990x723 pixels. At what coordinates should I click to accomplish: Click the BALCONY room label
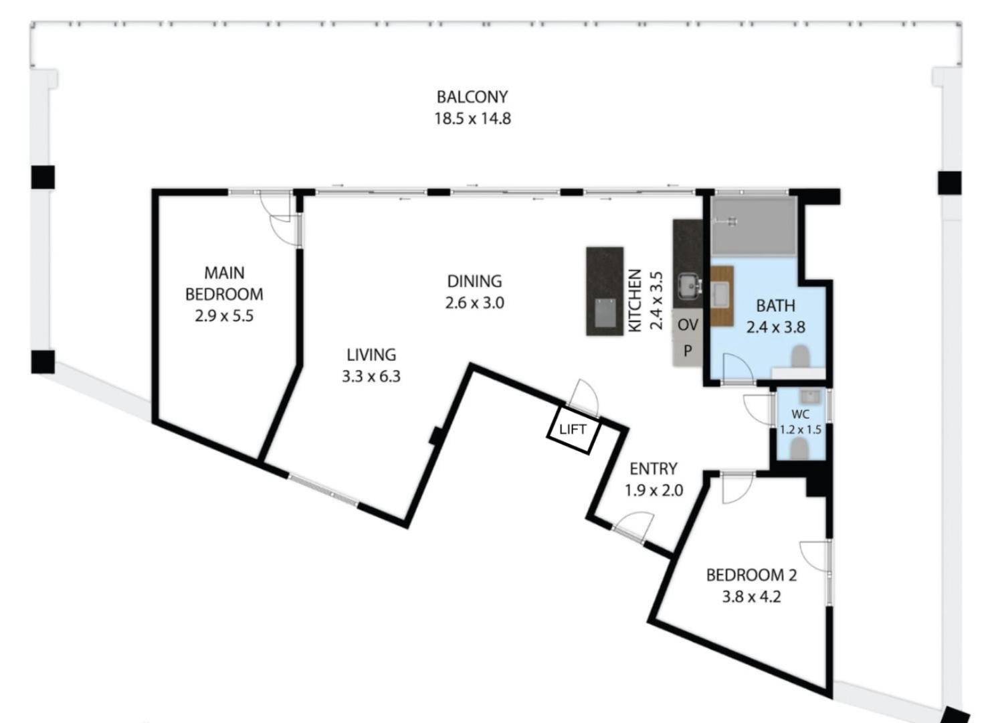tap(472, 96)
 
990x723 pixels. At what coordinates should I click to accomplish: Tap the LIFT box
tap(573, 430)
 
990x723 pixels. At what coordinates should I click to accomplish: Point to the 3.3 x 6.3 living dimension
tap(371, 376)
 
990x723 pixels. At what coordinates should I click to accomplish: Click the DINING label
tap(474, 281)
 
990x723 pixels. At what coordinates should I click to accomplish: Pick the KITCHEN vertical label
tap(635, 300)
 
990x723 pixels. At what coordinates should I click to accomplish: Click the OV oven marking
tap(688, 325)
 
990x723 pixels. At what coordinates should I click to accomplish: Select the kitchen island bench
tap(605, 291)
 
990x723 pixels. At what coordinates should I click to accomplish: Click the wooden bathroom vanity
tap(722, 295)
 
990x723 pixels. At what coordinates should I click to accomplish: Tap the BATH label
tap(775, 306)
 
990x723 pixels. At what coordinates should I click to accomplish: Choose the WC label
tap(800, 414)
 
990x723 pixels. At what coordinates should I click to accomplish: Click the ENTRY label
tap(654, 469)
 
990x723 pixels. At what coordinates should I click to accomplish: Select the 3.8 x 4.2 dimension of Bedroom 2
tap(751, 596)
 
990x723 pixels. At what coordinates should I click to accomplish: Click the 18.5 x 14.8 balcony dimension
tap(472, 119)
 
